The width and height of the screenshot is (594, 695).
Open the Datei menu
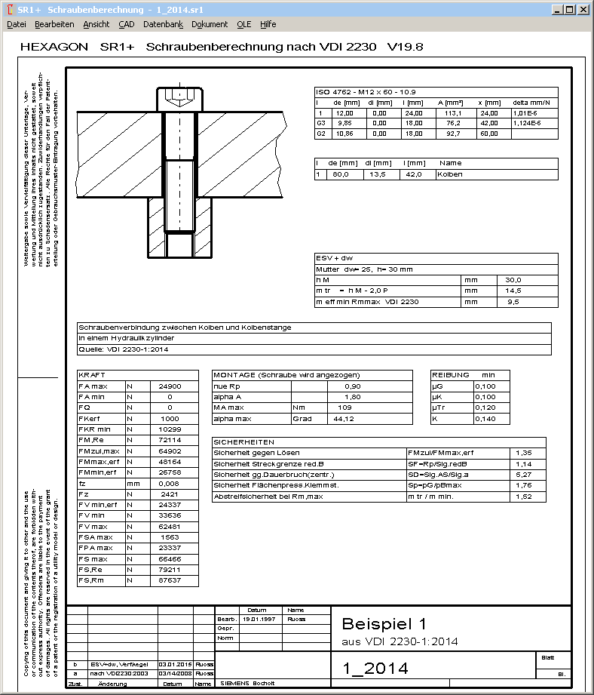coord(16,24)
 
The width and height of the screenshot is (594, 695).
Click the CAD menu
coord(127,24)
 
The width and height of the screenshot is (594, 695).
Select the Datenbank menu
coord(163,24)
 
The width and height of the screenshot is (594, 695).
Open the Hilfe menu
coord(268,24)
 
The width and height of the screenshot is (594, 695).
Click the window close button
coord(583,10)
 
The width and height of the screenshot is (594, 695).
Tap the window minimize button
coord(557,10)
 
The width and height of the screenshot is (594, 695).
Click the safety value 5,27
coord(522,474)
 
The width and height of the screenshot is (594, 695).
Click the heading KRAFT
coord(92,375)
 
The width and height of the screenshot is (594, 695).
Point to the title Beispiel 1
coord(384,624)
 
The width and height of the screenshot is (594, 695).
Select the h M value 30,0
coord(513,279)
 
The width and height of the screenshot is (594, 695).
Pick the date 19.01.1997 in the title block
coord(259,619)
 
